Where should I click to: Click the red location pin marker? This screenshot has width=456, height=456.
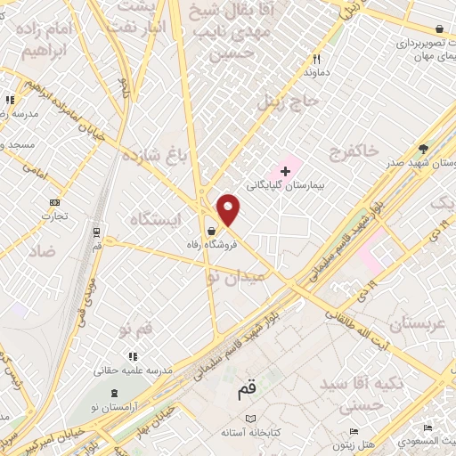229,210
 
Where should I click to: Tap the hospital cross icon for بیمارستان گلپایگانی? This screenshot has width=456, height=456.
285,170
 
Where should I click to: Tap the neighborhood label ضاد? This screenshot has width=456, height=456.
40,251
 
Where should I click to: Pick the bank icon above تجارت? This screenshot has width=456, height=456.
54,201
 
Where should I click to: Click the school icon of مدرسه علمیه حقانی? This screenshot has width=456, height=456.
134,355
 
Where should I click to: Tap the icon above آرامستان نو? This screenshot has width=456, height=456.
113,392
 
